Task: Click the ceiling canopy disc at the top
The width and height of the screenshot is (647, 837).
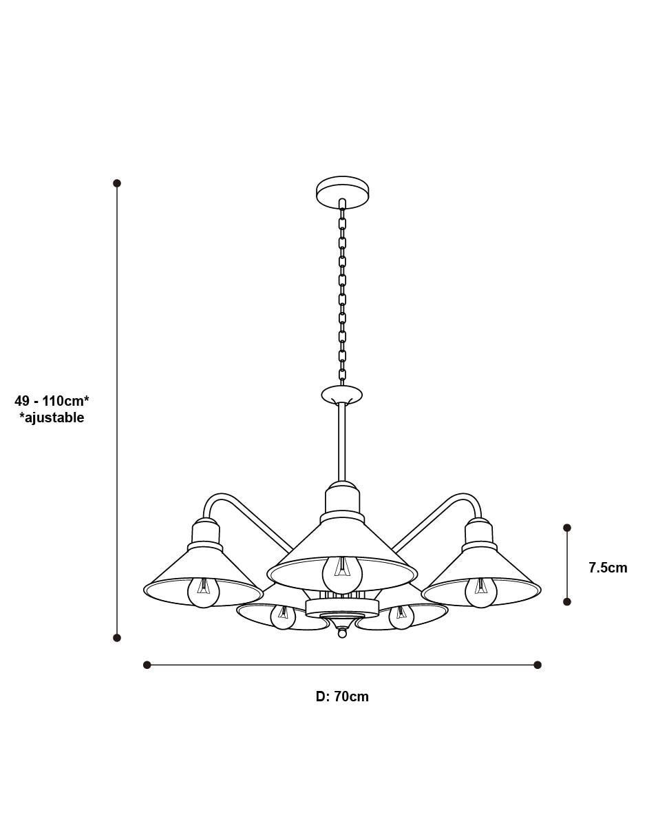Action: [x=342, y=193]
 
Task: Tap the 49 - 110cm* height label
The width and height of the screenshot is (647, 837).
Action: [x=52, y=401]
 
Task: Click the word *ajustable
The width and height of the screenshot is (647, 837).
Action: [x=52, y=417]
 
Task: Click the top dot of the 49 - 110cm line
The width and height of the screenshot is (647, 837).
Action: [x=117, y=183]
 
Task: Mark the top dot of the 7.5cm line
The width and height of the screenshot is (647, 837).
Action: [x=567, y=528]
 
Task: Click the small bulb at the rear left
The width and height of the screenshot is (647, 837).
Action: [x=283, y=617]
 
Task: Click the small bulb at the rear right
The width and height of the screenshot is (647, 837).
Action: [x=401, y=617]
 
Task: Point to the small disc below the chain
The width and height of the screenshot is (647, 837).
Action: [x=342, y=395]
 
